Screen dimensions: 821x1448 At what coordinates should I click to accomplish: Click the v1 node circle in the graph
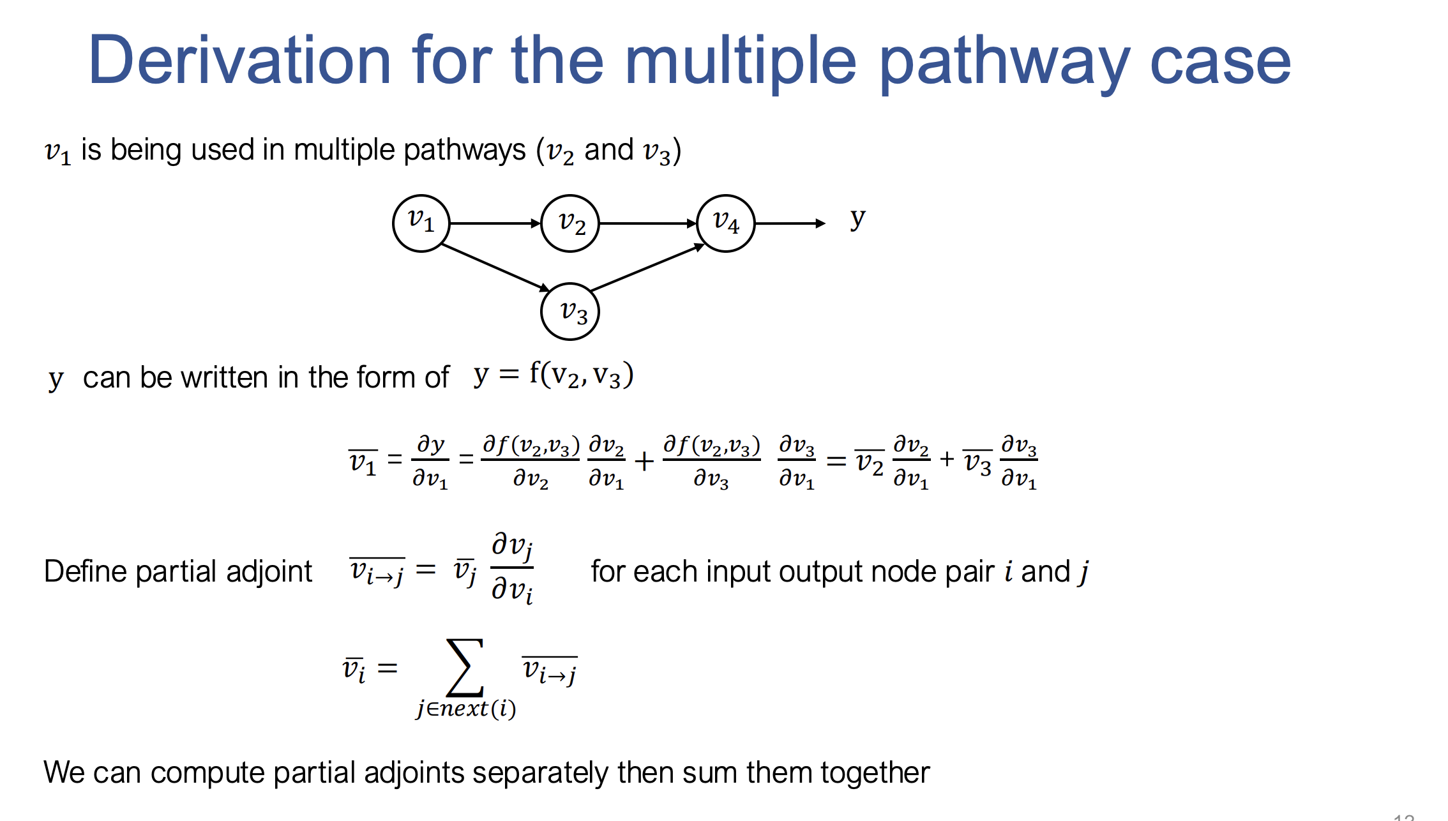421,223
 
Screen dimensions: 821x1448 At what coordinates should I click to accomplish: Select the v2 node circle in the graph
570,223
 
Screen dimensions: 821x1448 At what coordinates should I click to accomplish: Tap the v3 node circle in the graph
570,312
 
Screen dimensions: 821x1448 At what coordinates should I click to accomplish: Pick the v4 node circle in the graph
726,223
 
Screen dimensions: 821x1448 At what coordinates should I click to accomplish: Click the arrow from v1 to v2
495,223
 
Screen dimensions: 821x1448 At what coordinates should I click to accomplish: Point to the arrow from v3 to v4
646,269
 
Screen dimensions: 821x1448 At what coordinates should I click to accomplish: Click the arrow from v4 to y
789,223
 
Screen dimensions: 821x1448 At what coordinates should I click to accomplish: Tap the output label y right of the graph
857,219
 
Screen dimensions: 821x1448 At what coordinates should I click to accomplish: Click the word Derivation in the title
240,61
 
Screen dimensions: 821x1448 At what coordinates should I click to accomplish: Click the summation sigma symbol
465,667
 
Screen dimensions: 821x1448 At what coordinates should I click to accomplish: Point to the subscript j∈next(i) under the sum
466,709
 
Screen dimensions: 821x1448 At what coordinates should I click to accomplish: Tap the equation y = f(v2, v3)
553,375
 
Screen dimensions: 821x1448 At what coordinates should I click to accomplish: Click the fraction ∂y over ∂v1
431,461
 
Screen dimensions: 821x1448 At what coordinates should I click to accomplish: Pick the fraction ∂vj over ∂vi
512,568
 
